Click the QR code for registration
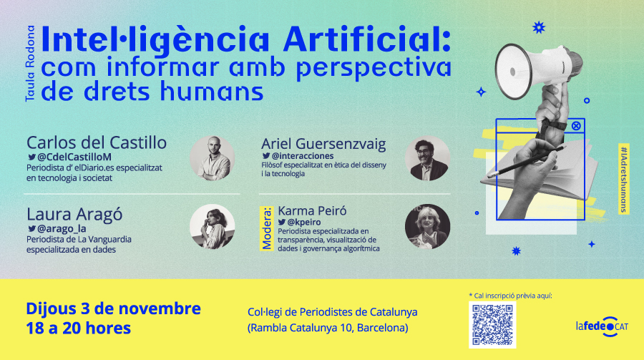click(x=492, y=325)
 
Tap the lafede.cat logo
click(x=602, y=326)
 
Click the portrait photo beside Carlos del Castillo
click(x=213, y=158)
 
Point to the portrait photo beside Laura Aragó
click(x=213, y=226)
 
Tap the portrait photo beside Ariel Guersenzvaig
click(x=427, y=158)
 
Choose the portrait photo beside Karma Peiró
click(x=427, y=226)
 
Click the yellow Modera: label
click(x=267, y=228)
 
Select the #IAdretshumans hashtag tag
click(x=624, y=178)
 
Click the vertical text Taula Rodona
click(x=30, y=63)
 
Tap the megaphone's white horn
click(x=513, y=72)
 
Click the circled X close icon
click(x=576, y=126)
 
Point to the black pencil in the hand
click(x=527, y=162)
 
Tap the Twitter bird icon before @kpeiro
click(x=282, y=223)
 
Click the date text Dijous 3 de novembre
click(x=113, y=308)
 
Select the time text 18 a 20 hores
click(x=79, y=328)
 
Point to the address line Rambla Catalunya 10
click(x=328, y=328)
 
